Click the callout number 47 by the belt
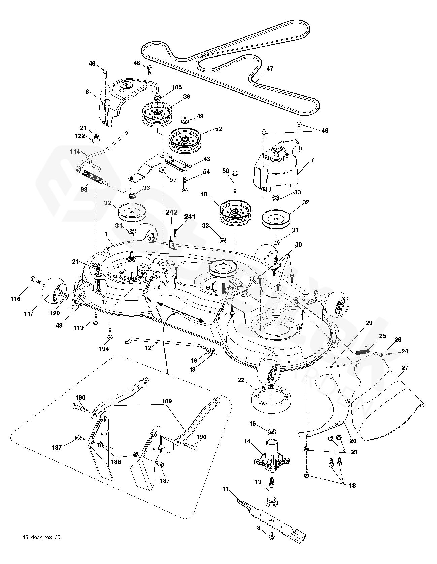(x=270, y=69)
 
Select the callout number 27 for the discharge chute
(x=405, y=368)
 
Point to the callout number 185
(x=177, y=87)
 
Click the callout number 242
(x=172, y=212)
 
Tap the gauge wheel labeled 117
(x=53, y=290)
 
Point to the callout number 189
(x=167, y=401)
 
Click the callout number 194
(x=104, y=349)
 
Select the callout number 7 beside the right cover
(x=312, y=160)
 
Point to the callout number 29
(x=369, y=323)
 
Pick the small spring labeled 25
(x=363, y=352)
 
